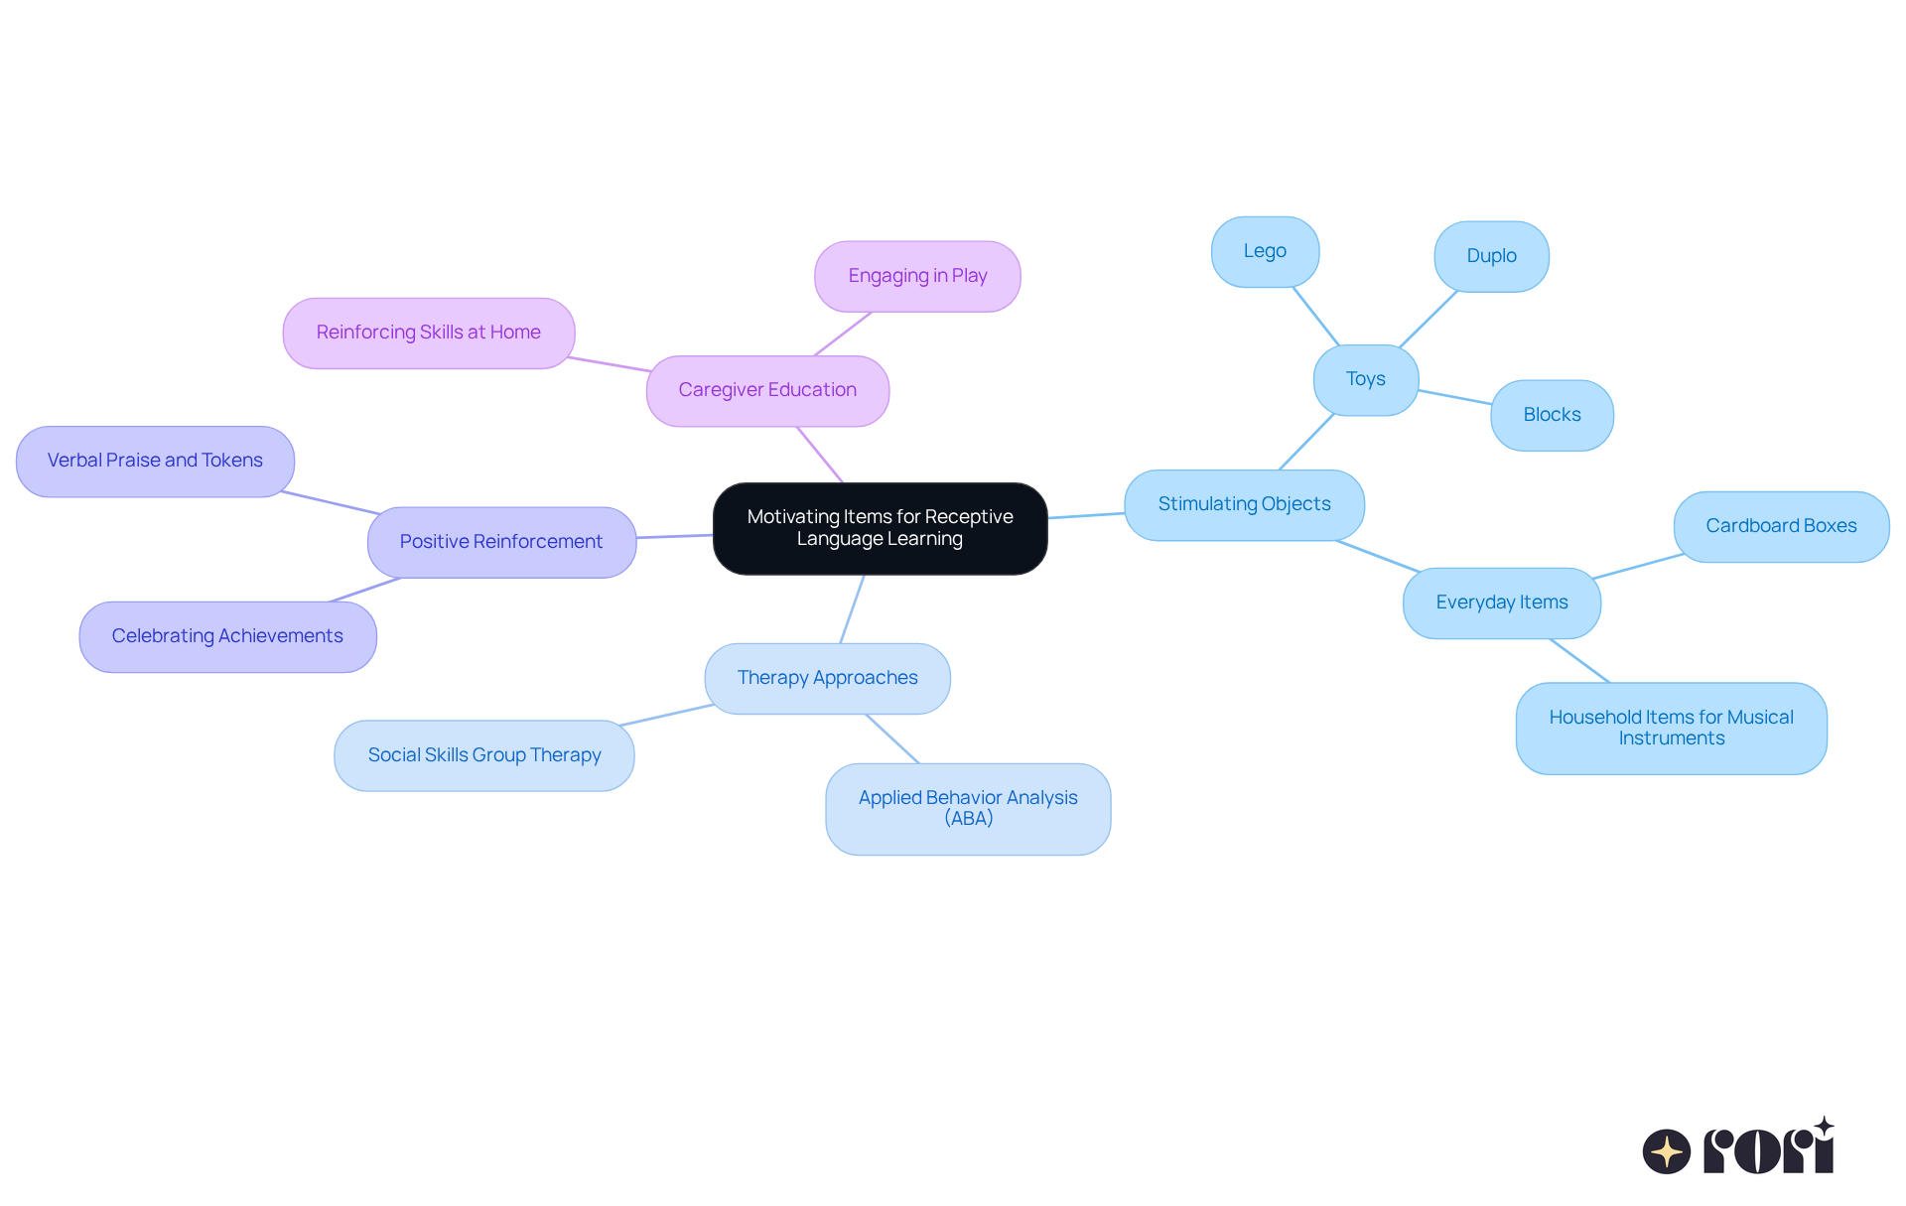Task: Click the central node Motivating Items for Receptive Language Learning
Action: [x=880, y=528]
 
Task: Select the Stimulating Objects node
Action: [x=1244, y=504]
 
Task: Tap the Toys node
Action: [x=1365, y=379]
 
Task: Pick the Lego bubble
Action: [x=1265, y=251]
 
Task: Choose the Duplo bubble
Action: [x=1491, y=256]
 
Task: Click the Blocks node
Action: [x=1552, y=415]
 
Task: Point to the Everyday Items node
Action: [x=1501, y=603]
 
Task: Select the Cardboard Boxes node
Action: [x=1781, y=526]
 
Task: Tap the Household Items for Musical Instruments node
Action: [x=1671, y=728]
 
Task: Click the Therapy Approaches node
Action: [x=827, y=678]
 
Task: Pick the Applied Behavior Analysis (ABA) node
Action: [x=968, y=808]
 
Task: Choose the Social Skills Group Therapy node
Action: [x=484, y=755]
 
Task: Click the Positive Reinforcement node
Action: [x=501, y=542]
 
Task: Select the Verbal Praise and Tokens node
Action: [x=155, y=461]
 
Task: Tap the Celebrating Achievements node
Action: [x=227, y=636]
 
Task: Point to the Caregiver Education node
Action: [x=767, y=390]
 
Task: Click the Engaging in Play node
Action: [x=917, y=276]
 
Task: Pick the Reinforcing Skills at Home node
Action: [x=428, y=333]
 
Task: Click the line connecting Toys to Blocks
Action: [x=1454, y=397]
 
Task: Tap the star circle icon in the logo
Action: [x=1666, y=1151]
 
